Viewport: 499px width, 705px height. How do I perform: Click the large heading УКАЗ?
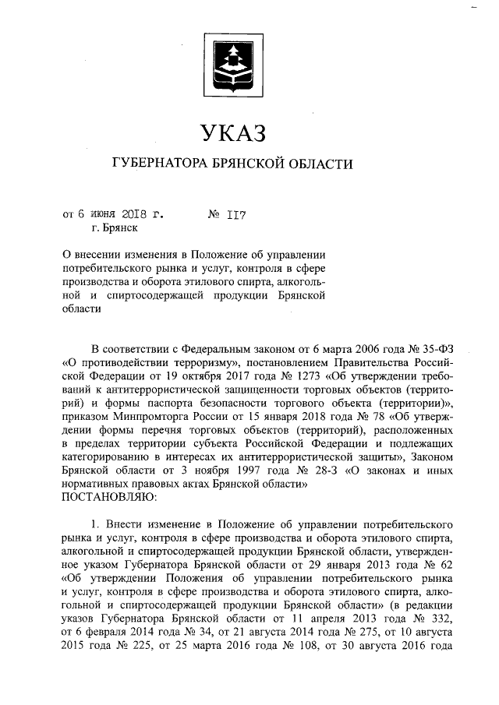pyautogui.click(x=233, y=132)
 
